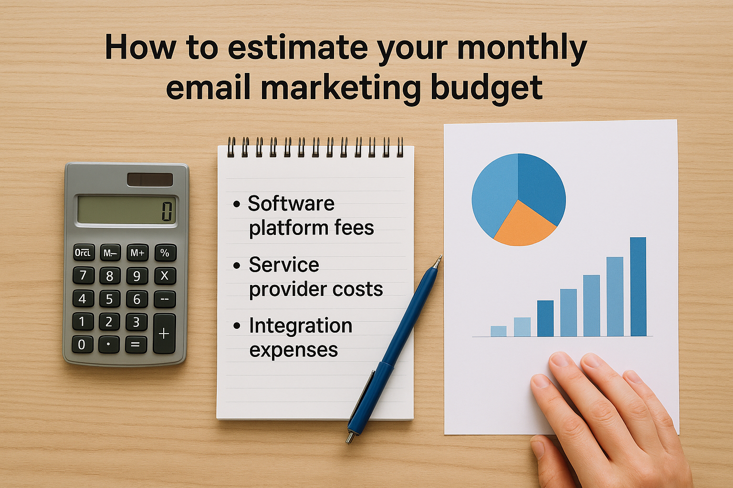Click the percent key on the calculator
coord(165,253)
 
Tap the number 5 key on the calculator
coord(109,299)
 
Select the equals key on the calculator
coord(136,344)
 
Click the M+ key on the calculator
coord(137,253)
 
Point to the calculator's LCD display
coord(126,210)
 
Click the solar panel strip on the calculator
coord(150,180)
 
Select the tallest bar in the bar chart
coord(638,287)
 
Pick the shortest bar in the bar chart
coord(498,331)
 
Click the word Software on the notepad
coord(291,204)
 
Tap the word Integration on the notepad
coord(301,326)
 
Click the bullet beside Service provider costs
coord(237,265)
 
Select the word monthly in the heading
coord(522,48)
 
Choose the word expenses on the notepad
coord(293,350)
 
